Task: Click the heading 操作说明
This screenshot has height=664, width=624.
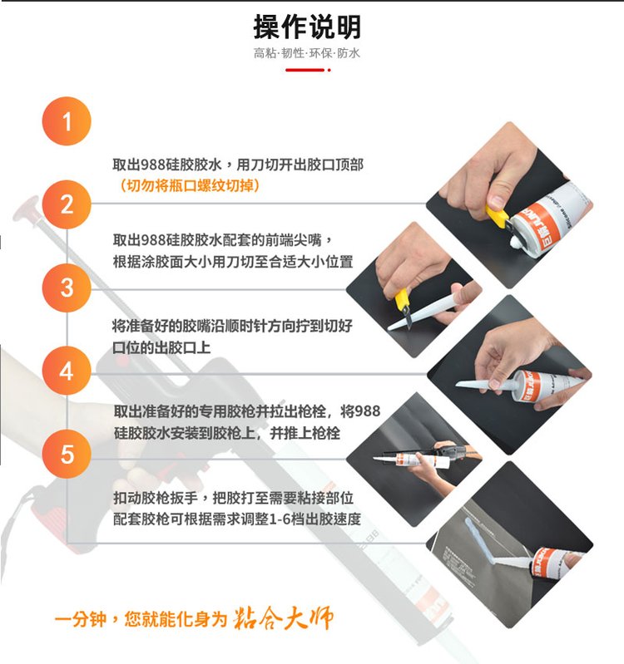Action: [x=307, y=27]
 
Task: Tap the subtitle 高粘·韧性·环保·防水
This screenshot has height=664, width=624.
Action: [x=307, y=53]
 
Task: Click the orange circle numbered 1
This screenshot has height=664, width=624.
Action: [x=67, y=121]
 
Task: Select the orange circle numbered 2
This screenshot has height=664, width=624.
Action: [x=67, y=204]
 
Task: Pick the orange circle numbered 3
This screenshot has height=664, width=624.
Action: [x=67, y=288]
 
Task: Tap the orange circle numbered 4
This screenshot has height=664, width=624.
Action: [x=67, y=371]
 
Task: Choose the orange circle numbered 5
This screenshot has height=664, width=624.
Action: [x=67, y=454]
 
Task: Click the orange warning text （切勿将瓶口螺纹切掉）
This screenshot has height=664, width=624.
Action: [x=186, y=185]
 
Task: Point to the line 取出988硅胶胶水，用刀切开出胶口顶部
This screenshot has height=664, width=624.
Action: [x=238, y=165]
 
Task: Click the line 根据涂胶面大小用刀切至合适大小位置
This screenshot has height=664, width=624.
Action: [x=233, y=262]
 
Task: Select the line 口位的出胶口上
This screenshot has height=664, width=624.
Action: [x=161, y=347]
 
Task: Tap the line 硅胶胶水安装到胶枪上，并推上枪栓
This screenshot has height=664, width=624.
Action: [x=227, y=433]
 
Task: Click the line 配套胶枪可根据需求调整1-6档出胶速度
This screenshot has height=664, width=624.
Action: [x=237, y=519]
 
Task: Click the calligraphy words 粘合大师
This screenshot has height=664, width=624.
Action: [x=283, y=618]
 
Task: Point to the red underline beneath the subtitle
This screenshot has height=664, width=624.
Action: [x=308, y=70]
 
